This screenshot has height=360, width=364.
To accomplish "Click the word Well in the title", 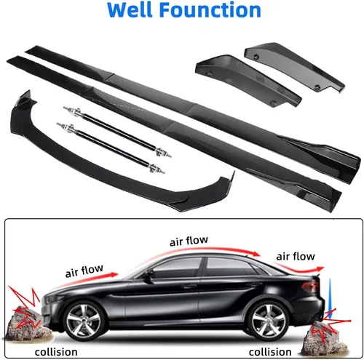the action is [x=130, y=10].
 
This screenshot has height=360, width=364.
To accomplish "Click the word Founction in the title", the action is [x=210, y=10].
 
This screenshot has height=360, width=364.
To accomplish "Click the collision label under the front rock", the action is [x=56, y=352].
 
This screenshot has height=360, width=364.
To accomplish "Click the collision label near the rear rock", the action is [x=270, y=352].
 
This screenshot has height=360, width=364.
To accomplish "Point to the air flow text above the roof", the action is [x=189, y=241].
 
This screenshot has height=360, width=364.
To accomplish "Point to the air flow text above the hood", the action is [x=84, y=271].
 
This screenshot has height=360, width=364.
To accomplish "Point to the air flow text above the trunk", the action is [x=296, y=256].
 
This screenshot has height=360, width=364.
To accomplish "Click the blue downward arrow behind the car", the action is [x=330, y=299].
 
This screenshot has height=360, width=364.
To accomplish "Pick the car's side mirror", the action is [x=148, y=276].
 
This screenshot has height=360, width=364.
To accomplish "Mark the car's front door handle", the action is [x=189, y=287].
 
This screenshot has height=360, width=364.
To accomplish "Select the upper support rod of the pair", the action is [x=117, y=132].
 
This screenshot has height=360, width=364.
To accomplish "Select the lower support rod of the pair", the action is [x=111, y=148].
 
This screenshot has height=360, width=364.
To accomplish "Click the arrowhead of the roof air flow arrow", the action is [x=256, y=254].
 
